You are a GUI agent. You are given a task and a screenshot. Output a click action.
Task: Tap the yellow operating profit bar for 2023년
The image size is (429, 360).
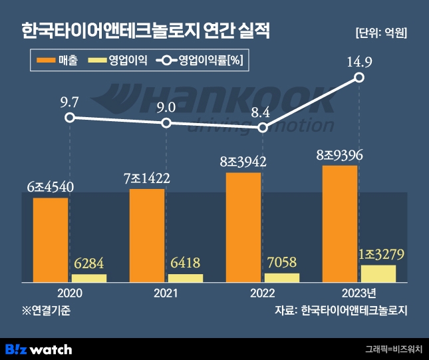[378, 273]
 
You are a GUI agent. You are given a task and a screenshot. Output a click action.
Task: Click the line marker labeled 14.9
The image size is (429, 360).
[360, 78]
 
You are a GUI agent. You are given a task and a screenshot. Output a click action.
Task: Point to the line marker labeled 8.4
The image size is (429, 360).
[263, 128]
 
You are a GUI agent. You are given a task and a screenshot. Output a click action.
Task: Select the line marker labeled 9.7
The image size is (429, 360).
[70, 117]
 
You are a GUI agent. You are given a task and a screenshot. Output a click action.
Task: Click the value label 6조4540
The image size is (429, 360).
[50, 187]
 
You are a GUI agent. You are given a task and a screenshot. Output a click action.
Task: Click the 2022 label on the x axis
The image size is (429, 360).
[263, 293]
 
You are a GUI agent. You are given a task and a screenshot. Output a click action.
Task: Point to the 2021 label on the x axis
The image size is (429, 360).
[166, 293]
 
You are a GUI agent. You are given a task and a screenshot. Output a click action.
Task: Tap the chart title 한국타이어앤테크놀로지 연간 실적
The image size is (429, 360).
[146, 31]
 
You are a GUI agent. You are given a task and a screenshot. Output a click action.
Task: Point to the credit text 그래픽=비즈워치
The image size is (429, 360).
[394, 349]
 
